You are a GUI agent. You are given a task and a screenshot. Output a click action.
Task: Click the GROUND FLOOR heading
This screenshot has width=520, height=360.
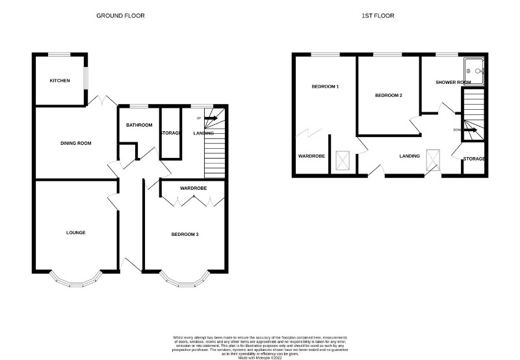click(x=120, y=15)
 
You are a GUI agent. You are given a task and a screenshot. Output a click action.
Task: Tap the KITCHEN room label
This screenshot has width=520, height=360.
click(x=60, y=81)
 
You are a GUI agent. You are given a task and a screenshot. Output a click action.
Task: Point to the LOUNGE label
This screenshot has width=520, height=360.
click(x=75, y=232)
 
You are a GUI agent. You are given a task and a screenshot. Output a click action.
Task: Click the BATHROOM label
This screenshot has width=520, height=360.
click(x=139, y=125)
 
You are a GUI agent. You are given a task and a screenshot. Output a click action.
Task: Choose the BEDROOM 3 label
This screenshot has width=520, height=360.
click(x=185, y=234)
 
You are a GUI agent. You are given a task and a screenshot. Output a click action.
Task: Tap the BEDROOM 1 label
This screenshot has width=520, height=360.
click(x=325, y=86)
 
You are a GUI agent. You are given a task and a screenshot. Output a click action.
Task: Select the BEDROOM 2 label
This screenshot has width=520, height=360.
click(x=389, y=96)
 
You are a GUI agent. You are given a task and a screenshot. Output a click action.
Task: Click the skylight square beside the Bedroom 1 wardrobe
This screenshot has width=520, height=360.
click(x=343, y=161)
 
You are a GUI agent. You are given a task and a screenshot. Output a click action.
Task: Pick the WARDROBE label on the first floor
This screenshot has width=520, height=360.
click(x=311, y=157)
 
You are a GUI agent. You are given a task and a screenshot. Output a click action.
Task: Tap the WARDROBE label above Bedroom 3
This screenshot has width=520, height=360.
click(x=193, y=188)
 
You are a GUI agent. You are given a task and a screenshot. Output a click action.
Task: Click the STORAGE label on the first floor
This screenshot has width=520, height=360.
click(x=474, y=159)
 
